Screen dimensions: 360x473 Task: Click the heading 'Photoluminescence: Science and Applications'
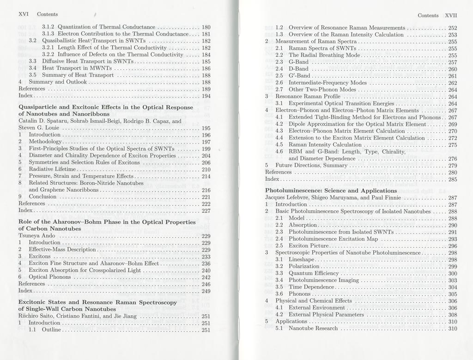pos(331,190)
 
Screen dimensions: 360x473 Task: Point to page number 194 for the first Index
pos(206,96)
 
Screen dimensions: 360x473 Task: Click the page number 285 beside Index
pos(452,179)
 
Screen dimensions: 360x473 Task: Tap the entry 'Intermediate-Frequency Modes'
pos(327,83)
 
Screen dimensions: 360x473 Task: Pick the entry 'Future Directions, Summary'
pos(311,165)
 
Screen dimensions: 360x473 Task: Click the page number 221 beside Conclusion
pos(206,197)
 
